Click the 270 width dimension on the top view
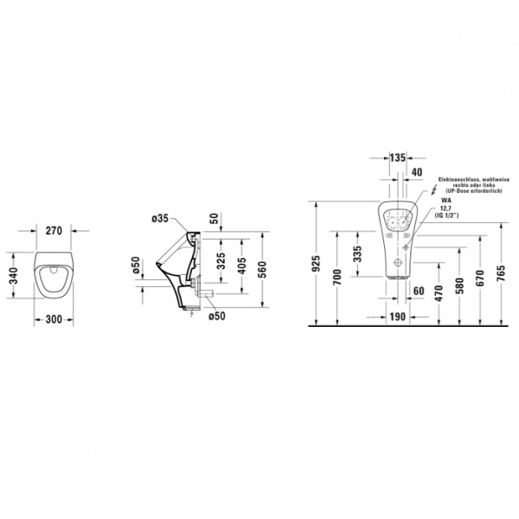[52, 232]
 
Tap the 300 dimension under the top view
[52, 319]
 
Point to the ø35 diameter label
[157, 220]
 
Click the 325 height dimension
[221, 262]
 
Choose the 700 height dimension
[338, 277]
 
